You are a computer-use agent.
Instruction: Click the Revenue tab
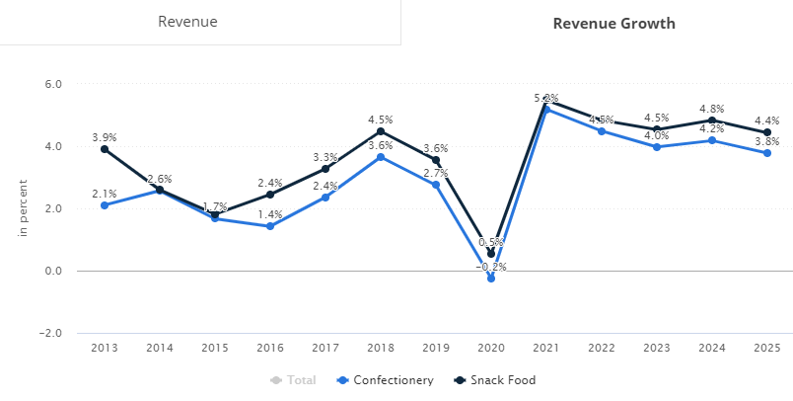[x=187, y=22]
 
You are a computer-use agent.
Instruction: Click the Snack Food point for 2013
[x=105, y=149]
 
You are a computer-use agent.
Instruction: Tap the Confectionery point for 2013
[x=105, y=205]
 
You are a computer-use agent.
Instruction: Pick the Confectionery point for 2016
[x=270, y=226]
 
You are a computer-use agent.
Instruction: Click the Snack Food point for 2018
[x=381, y=131]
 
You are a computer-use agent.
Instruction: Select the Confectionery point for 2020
[x=491, y=279]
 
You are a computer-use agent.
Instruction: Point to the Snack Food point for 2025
[x=767, y=132]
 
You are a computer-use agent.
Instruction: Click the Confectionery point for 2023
[x=657, y=147]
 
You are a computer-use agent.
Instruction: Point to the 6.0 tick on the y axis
[x=53, y=84]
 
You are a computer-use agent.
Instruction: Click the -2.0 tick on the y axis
[x=50, y=333]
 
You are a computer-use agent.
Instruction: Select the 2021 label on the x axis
[x=546, y=348]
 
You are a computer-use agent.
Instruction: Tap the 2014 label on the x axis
[x=160, y=348]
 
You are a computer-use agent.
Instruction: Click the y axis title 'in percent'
[x=22, y=208]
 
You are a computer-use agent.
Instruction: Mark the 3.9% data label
[x=105, y=136]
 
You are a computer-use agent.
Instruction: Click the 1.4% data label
[x=270, y=214]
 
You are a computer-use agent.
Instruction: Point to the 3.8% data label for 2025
[x=767, y=140]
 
